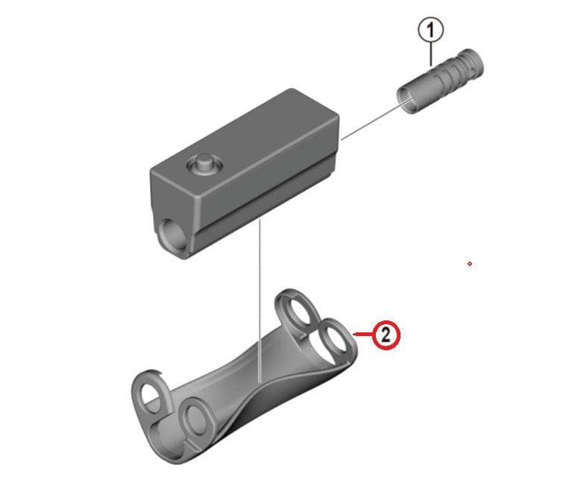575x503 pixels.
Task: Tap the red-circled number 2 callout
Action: click(x=385, y=335)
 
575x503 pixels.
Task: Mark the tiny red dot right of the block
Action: click(x=469, y=263)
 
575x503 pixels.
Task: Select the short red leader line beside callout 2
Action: click(x=361, y=335)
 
